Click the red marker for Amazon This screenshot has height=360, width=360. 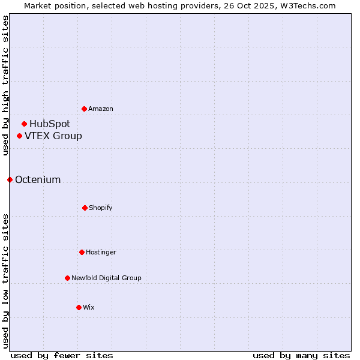click(x=85, y=109)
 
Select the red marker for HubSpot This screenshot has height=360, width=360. click(x=25, y=124)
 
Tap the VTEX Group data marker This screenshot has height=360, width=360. click(x=20, y=136)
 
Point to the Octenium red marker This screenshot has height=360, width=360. click(x=10, y=179)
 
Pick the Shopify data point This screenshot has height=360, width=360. click(x=85, y=208)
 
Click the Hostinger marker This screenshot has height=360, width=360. click(x=82, y=252)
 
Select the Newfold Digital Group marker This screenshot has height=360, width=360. click(x=67, y=278)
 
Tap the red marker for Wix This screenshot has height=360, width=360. click(x=79, y=307)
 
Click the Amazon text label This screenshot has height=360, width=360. click(x=101, y=109)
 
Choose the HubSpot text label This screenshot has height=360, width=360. click(x=50, y=124)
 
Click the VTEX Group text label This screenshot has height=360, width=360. click(x=53, y=136)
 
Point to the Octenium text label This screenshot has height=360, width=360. click(x=38, y=180)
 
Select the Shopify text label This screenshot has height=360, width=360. click(x=101, y=208)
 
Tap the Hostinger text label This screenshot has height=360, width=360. click(x=101, y=252)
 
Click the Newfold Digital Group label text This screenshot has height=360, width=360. click(x=106, y=278)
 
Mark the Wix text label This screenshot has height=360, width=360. click(x=89, y=307)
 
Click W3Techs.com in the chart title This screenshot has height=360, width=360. click(x=307, y=5)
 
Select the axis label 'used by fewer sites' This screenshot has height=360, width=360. click(x=62, y=355)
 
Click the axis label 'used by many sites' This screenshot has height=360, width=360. click(x=301, y=355)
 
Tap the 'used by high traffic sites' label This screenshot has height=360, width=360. click(x=5, y=85)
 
